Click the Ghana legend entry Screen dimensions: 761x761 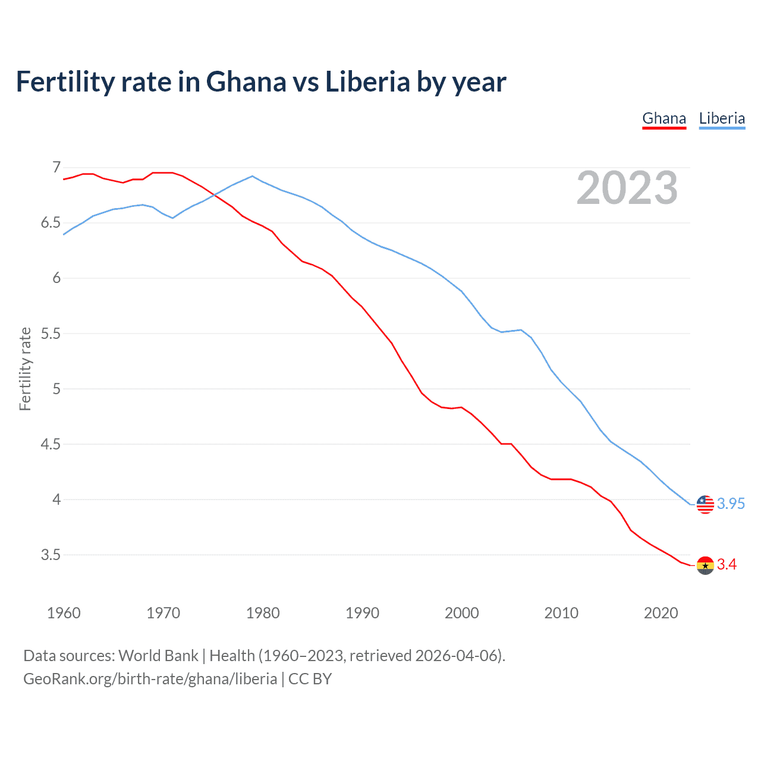664,118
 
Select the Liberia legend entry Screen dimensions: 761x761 722,118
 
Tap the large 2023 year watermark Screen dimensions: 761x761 627,188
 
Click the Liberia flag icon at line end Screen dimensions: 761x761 705,504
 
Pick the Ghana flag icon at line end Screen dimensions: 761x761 705,565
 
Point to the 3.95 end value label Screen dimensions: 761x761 731,504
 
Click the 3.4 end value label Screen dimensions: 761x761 727,565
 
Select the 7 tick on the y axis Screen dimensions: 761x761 56,168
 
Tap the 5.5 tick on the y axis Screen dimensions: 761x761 51,334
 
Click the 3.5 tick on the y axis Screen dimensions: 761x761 51,555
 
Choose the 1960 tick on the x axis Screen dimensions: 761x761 64,613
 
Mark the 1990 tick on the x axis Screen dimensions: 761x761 362,613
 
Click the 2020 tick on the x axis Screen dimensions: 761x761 661,613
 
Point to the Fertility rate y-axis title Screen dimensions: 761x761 25,369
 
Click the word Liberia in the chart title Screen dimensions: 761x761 367,81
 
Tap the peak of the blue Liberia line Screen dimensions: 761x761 252,176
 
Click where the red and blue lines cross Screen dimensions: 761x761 214,194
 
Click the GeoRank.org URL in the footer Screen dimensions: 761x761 150,679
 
